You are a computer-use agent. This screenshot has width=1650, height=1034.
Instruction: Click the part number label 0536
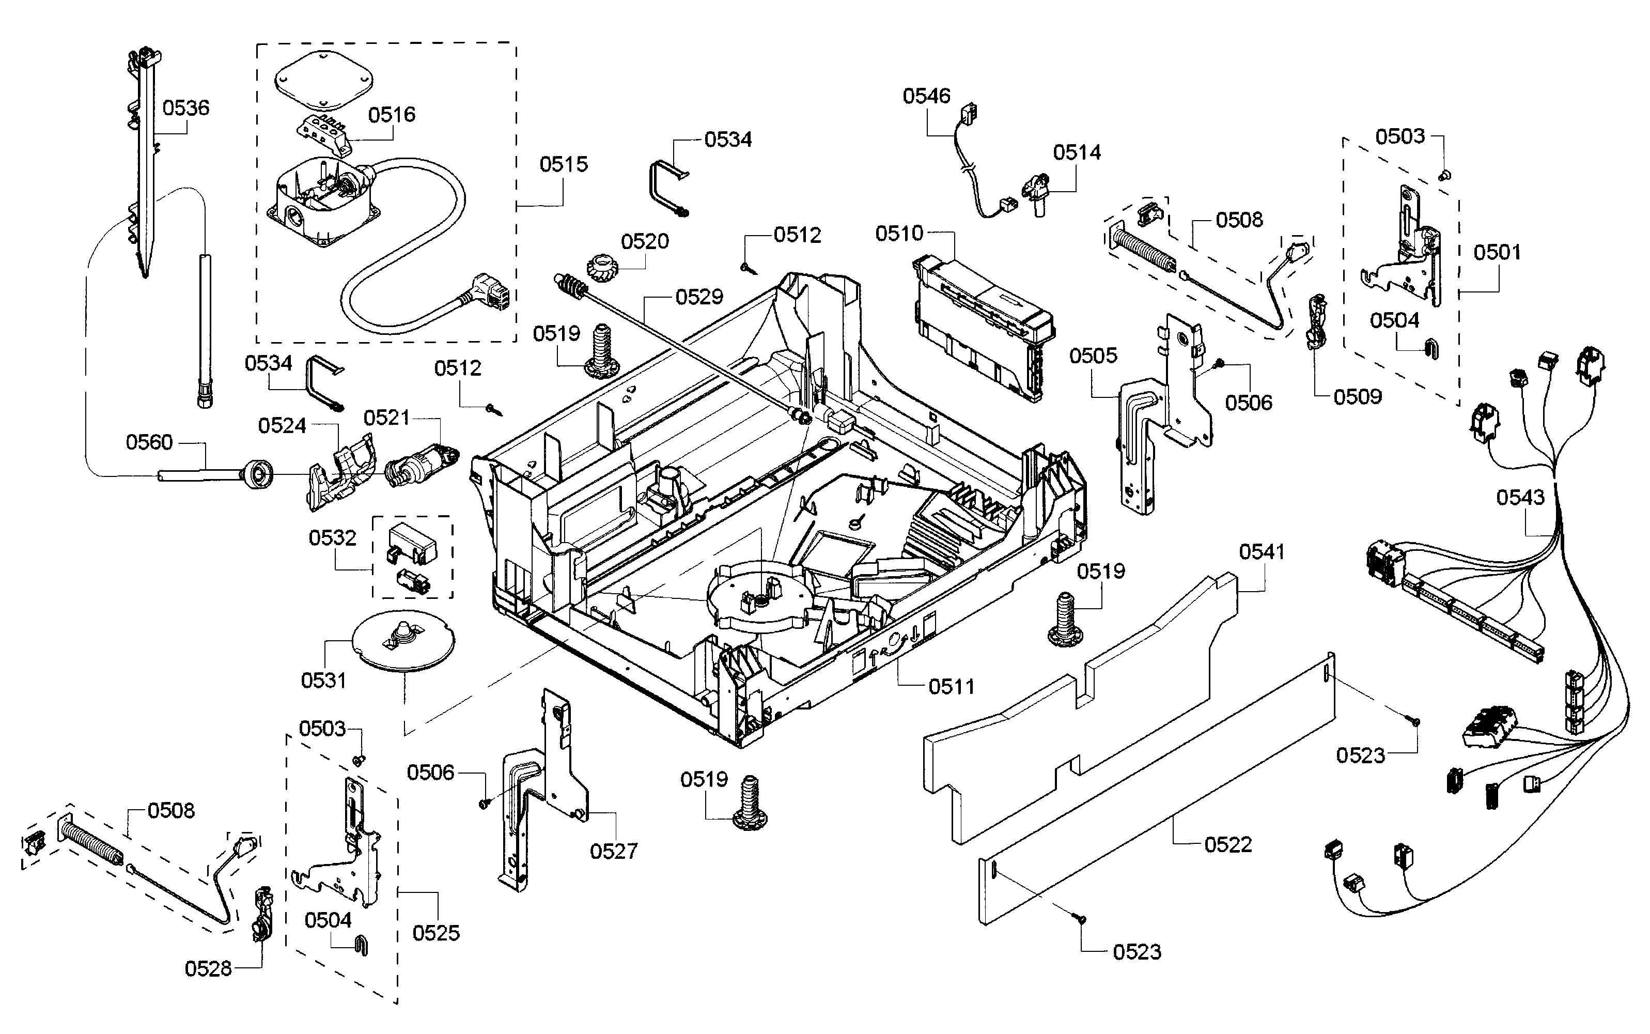(x=186, y=108)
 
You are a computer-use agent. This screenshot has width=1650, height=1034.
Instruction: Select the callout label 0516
(x=392, y=114)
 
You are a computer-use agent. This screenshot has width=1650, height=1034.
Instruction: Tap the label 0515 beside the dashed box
(x=563, y=164)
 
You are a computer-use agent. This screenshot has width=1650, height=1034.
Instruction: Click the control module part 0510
(x=982, y=327)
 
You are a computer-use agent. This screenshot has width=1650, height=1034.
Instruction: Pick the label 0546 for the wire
(x=926, y=97)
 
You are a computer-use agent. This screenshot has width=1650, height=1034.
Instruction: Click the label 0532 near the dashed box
(x=332, y=538)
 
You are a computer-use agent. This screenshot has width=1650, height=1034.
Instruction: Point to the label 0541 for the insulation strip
(x=1262, y=552)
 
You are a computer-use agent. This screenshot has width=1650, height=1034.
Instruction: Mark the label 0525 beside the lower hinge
(x=436, y=933)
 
